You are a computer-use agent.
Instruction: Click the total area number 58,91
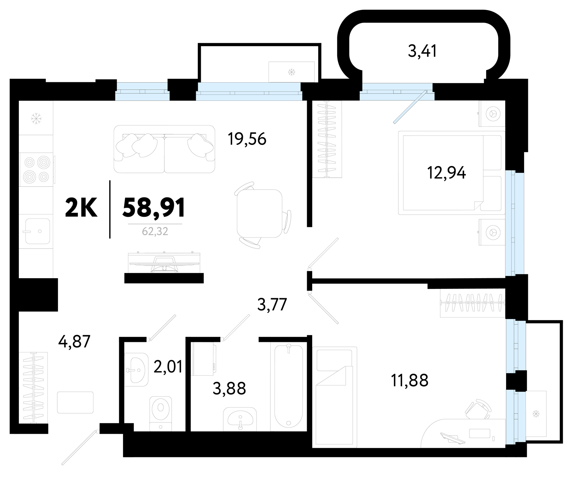pos(154,208)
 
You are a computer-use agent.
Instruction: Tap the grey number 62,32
pos(155,231)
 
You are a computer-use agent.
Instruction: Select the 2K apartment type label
pos(81,208)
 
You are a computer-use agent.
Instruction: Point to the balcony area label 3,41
pos(422,51)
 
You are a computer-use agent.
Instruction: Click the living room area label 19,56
pos(247,139)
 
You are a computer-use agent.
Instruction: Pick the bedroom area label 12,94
pos(446,173)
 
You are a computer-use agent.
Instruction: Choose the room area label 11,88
pos(409,380)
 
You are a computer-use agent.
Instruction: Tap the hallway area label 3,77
pos(272,304)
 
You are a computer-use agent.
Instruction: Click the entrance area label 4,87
pos(74,341)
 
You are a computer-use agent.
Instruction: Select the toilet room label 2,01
pos(168,367)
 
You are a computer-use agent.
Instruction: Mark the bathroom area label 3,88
pos(229,388)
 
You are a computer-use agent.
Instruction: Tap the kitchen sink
pos(38,231)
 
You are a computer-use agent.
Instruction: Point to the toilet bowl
pos(161,413)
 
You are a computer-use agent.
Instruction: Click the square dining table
pos(259,213)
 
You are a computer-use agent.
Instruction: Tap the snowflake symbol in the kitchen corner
pos(36,118)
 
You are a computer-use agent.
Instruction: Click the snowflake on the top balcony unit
pos(291,72)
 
